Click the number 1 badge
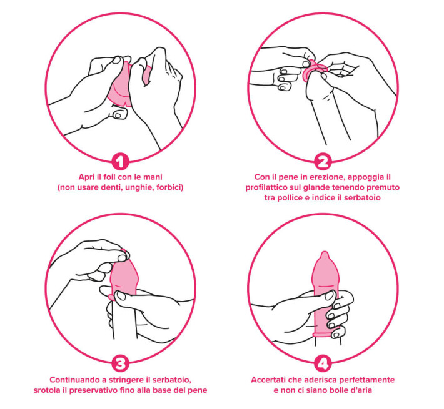coord(120,161)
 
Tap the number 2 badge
coord(323,161)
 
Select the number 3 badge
coord(120,364)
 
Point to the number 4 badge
coord(323,364)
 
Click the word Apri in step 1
coord(86,177)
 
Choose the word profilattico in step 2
coord(266,188)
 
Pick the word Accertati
coord(268,380)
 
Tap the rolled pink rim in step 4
coord(326,335)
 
